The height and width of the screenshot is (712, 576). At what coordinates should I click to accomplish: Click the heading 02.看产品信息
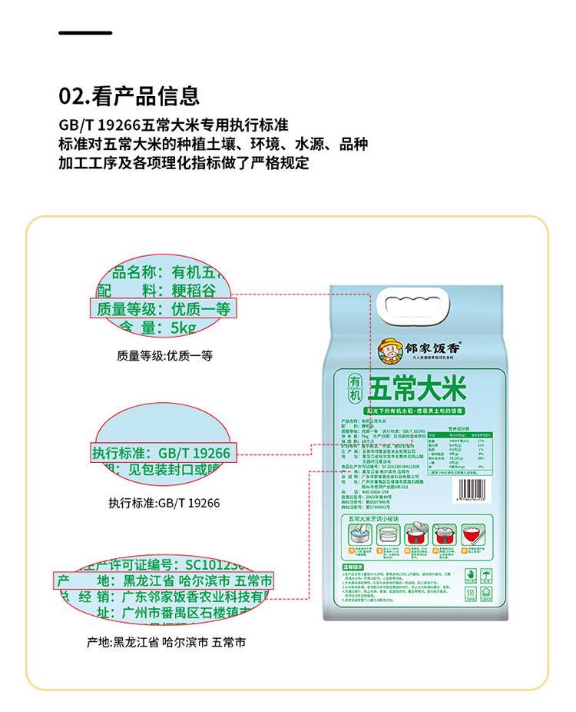click(x=129, y=96)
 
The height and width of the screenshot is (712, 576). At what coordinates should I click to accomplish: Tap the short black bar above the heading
click(x=85, y=33)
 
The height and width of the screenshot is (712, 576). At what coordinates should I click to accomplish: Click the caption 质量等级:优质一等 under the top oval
click(x=164, y=356)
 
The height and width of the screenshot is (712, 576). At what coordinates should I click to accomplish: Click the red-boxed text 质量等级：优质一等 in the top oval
click(x=162, y=310)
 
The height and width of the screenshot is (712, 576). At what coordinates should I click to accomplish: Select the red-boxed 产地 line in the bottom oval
click(x=162, y=580)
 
